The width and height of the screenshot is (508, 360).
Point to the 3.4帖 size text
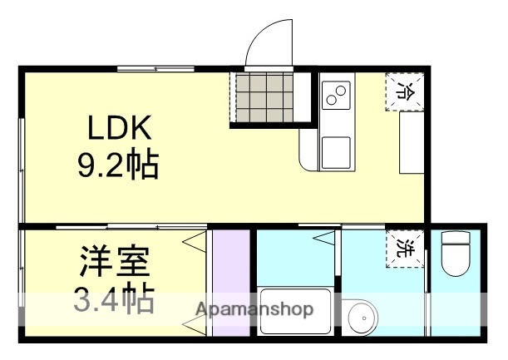tap(115, 298)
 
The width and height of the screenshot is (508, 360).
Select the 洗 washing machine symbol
tap(405, 248)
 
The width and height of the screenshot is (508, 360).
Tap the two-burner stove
tap(337, 95)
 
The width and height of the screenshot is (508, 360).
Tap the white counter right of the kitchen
tap(411, 142)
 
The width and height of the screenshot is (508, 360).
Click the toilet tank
tap(456, 239)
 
